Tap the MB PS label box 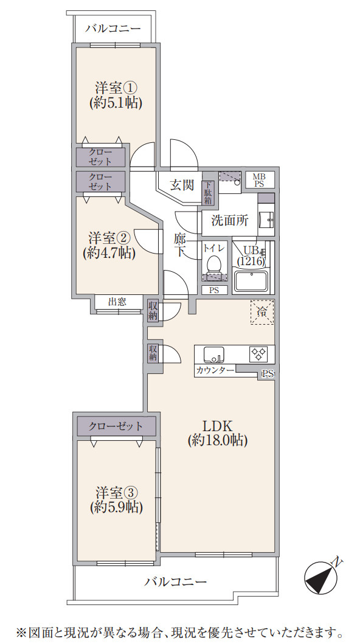click(x=259, y=179)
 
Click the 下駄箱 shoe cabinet click(x=208, y=193)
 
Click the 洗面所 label click(x=229, y=220)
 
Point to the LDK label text click(x=218, y=426)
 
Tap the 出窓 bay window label click(x=117, y=302)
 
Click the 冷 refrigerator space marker click(x=261, y=313)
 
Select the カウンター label click(x=215, y=370)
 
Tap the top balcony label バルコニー click(x=113, y=28)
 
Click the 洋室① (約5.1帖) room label click(x=116, y=94)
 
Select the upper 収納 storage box click(x=153, y=311)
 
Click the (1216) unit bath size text click(x=251, y=261)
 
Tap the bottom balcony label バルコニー click(x=175, y=581)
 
